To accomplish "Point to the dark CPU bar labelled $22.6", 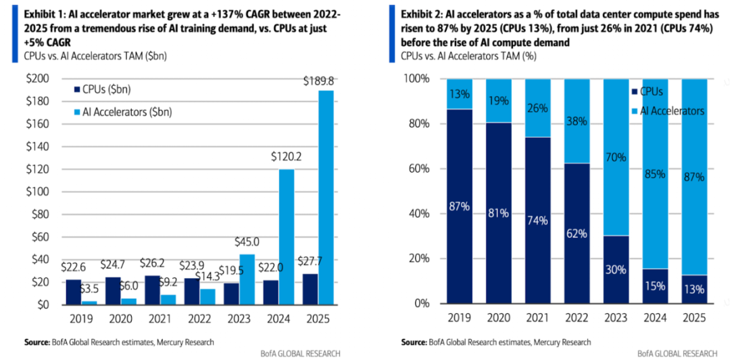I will [74, 292].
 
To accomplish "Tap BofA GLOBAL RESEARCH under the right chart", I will [678, 353].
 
